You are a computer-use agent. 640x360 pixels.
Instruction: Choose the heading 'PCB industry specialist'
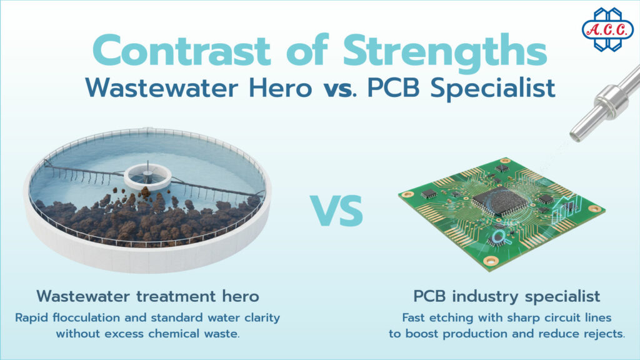pyautogui.click(x=507, y=295)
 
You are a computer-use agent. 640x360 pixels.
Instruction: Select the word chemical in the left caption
pyautogui.click(x=176, y=333)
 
